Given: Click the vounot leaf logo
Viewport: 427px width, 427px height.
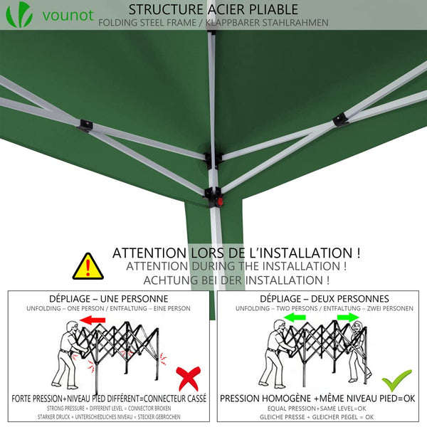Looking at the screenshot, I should [24, 14].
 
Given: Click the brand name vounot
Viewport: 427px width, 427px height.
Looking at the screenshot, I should [68, 15].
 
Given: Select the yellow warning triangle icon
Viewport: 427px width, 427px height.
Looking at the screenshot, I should [88, 266].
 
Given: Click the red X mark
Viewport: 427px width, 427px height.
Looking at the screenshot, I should [188, 377].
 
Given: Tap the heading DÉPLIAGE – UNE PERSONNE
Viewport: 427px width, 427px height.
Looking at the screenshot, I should [108, 298].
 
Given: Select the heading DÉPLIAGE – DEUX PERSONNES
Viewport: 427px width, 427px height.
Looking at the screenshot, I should [324, 298].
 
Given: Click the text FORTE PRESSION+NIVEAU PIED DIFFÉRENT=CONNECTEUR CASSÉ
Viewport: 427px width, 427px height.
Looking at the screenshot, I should [108, 398].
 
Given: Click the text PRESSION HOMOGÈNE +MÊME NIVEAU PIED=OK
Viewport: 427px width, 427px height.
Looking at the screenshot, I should [317, 398].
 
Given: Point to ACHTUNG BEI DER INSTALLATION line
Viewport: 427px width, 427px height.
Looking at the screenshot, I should [236, 280].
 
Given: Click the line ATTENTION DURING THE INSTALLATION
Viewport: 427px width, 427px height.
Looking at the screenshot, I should [236, 266].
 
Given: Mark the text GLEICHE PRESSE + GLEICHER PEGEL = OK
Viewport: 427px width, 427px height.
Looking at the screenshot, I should [317, 418].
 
